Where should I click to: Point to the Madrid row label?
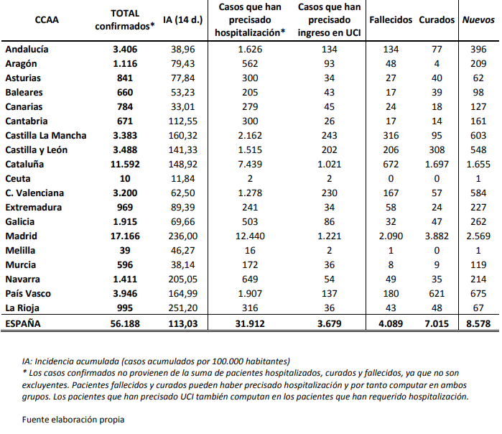tap(22, 235)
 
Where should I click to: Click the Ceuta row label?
tap(18, 178)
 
